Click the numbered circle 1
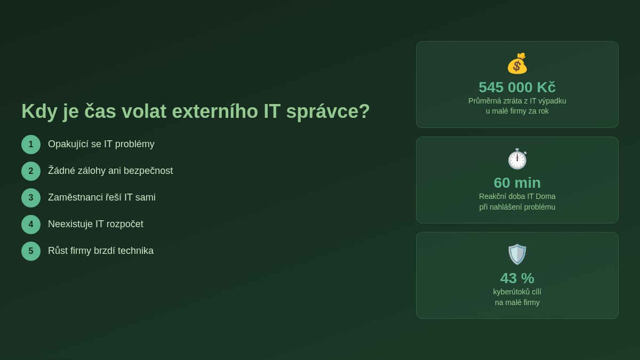coord(31,145)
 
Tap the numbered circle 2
coord(31,171)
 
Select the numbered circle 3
coord(31,198)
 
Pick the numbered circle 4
coord(31,225)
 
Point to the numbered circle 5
coord(31,251)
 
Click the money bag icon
coord(517,63)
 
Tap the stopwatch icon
coord(517,159)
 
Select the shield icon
coord(517,254)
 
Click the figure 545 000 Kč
coord(517,87)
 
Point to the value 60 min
coord(517,182)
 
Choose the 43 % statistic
coord(517,278)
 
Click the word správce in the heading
coord(327,111)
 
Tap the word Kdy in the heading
coord(39,111)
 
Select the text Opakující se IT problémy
coord(101,144)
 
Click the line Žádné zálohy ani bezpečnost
coord(110,171)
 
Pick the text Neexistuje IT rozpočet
coord(95,224)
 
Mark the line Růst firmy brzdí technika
coord(101,251)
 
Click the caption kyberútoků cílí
coord(517,292)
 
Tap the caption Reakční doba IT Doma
coord(517,196)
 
